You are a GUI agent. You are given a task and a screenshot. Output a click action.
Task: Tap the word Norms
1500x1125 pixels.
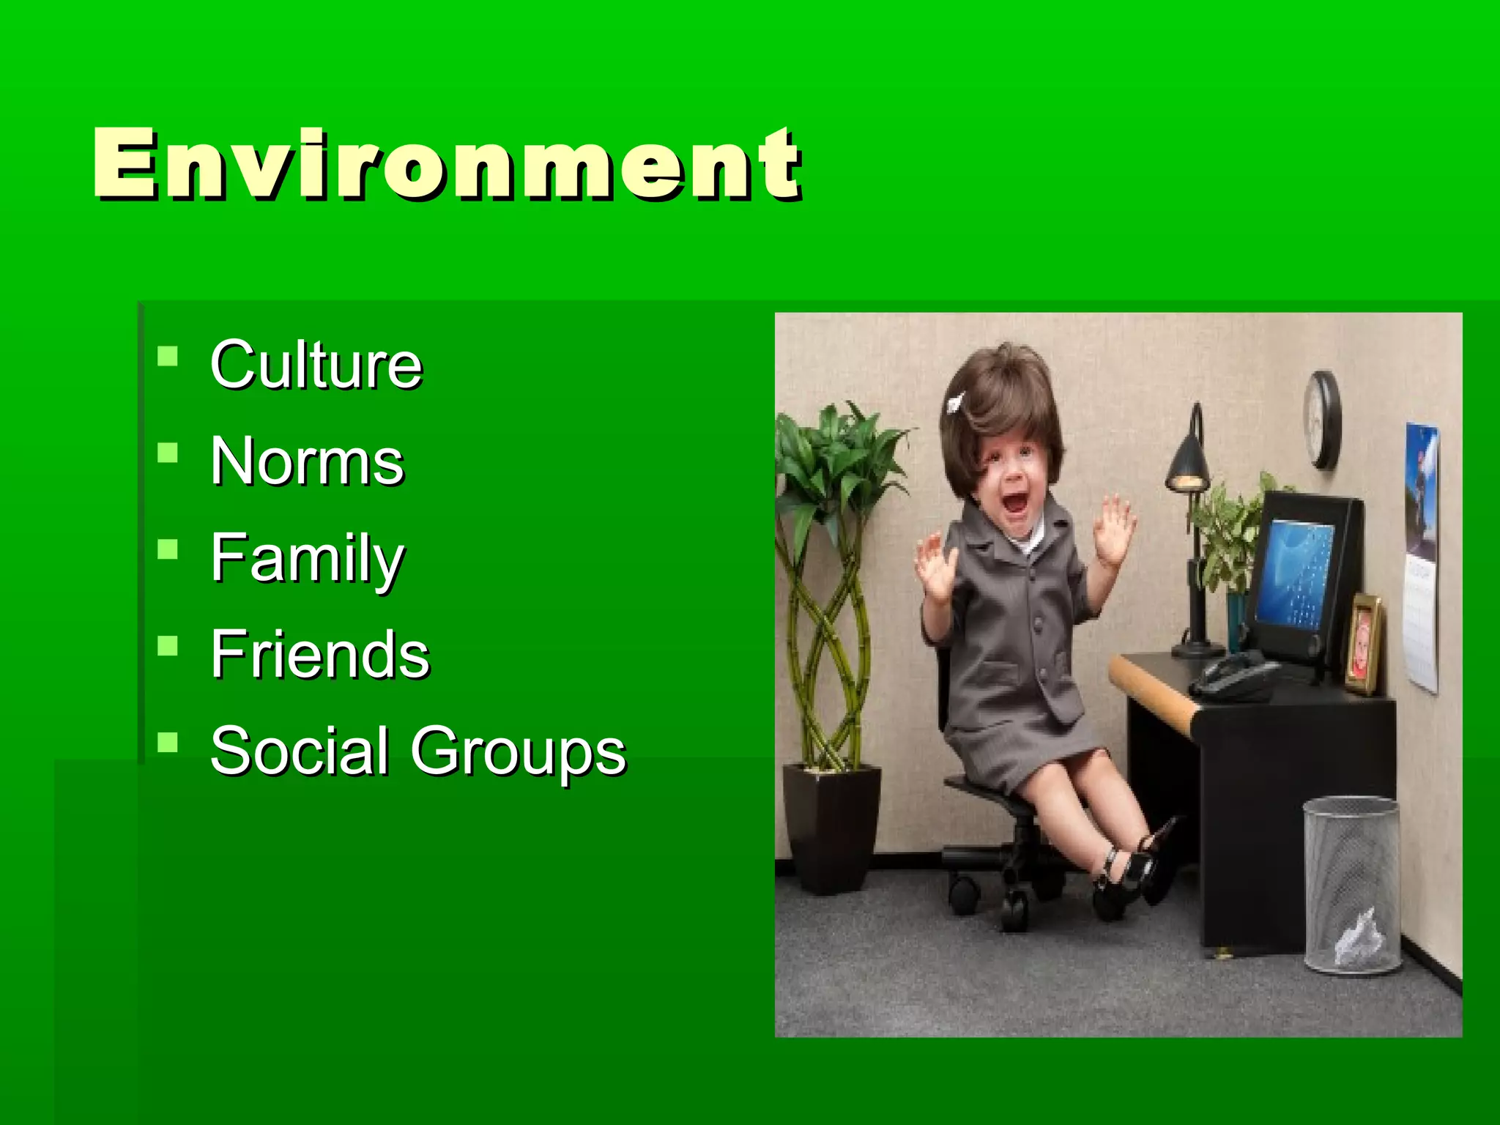(x=307, y=461)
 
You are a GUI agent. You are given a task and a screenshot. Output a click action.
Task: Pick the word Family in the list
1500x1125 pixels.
(x=307, y=559)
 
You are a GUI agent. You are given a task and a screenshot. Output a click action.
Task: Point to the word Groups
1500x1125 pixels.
(x=518, y=752)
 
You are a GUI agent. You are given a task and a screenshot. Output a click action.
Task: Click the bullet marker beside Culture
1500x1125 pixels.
(x=168, y=357)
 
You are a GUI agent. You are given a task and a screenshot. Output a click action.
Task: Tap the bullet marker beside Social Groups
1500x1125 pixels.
(x=168, y=744)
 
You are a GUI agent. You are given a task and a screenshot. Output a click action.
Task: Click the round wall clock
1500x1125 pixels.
(x=1323, y=420)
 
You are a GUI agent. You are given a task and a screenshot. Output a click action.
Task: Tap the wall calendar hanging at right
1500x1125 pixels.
(x=1422, y=557)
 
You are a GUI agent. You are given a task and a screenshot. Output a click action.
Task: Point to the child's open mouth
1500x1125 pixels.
(x=1015, y=503)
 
